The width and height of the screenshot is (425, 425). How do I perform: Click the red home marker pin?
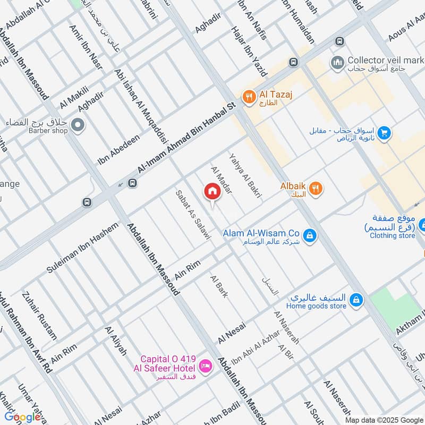212,192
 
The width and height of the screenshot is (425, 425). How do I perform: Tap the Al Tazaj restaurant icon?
248,97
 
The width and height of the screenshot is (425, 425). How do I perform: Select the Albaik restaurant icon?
316,188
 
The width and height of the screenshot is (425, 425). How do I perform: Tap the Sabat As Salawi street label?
193,213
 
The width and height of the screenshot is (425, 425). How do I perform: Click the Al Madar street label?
221,180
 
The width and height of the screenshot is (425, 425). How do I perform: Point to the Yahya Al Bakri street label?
245,176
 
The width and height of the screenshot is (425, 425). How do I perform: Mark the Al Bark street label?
219,286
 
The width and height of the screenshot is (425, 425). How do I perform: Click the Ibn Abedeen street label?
118,149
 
